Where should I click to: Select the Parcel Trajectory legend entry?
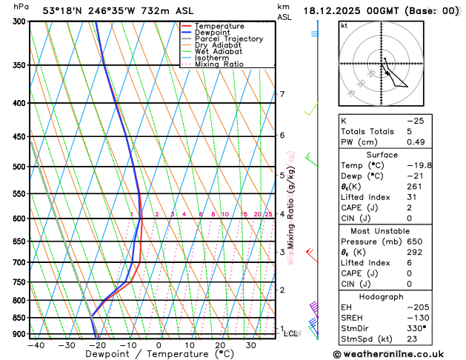(x=228, y=39)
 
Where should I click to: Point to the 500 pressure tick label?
(x=19, y=167)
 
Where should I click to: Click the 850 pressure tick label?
(x=19, y=318)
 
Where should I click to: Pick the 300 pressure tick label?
(x=19, y=21)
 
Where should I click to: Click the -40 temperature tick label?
(x=36, y=345)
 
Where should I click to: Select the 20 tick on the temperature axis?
(x=220, y=345)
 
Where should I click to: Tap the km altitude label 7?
(x=282, y=94)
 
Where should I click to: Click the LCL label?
(x=291, y=333)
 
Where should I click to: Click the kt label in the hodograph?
(x=344, y=25)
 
